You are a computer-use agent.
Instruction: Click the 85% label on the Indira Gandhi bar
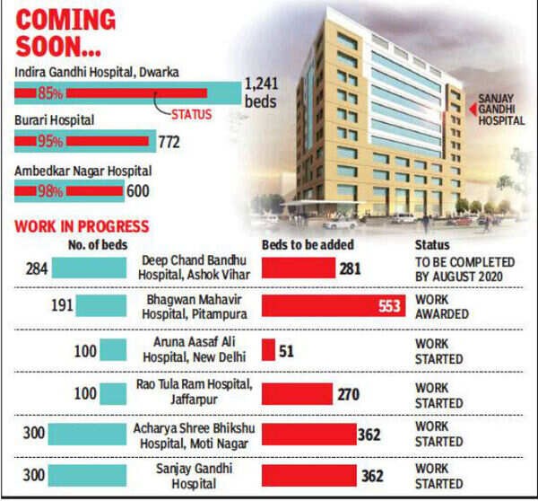tap(50, 92)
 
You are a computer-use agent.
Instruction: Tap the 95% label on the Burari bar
tap(50, 141)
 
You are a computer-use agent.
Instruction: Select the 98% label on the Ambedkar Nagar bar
tap(50, 190)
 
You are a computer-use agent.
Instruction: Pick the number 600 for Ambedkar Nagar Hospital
tap(137, 190)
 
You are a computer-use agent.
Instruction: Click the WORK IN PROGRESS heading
tap(82, 226)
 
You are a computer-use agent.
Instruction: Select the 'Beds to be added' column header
tap(307, 244)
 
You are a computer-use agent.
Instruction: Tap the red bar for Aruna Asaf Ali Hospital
tap(267, 349)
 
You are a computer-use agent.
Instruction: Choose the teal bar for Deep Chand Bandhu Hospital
tap(89, 267)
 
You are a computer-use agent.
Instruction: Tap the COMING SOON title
tap(67, 33)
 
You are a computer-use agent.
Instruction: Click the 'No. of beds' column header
tap(98, 244)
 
